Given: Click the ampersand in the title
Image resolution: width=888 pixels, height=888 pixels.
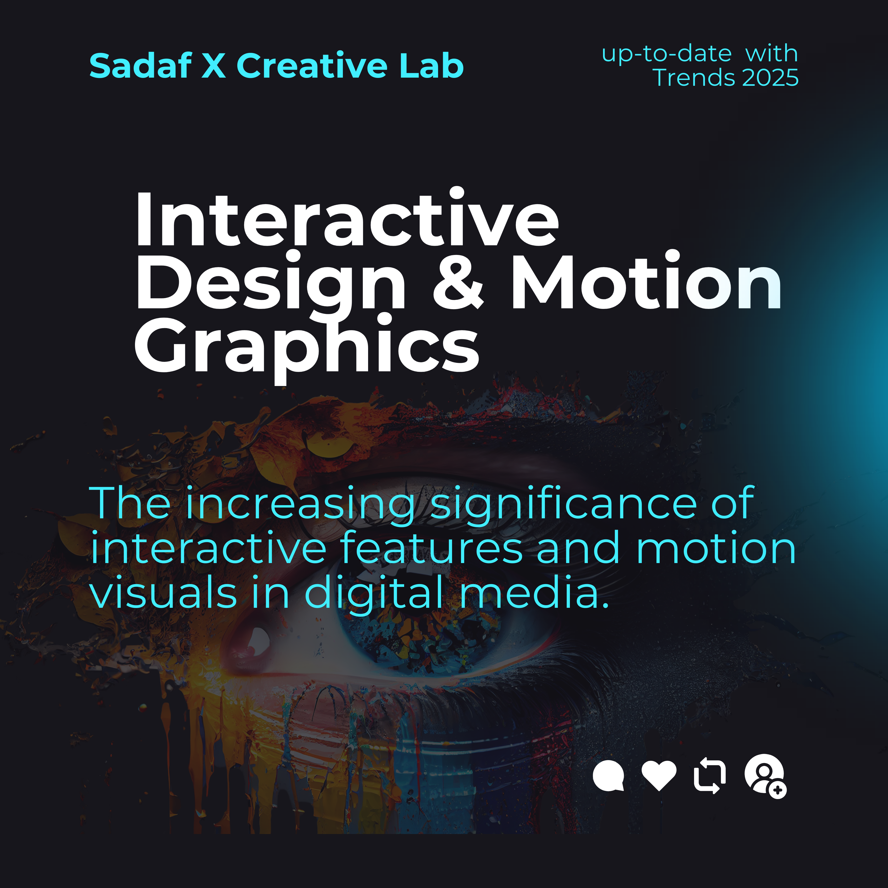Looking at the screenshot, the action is [x=458, y=281].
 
